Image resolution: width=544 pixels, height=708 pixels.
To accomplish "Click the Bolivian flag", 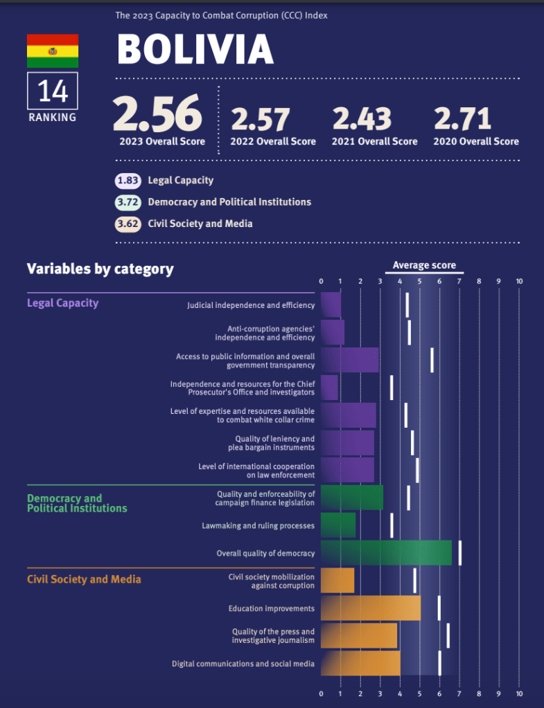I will (x=53, y=51).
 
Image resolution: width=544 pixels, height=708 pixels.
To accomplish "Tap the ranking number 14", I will (x=53, y=91).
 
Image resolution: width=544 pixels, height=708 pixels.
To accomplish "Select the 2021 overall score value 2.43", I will (x=361, y=119).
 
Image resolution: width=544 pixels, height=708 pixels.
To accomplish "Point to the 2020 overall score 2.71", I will (x=462, y=119).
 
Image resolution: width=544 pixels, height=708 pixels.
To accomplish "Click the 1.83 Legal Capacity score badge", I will (x=128, y=181).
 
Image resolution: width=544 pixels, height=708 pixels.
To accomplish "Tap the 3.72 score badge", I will (x=128, y=202).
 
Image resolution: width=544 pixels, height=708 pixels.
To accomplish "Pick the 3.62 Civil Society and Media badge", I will (x=128, y=224).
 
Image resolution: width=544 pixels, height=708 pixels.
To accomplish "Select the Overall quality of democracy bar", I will (x=386, y=553).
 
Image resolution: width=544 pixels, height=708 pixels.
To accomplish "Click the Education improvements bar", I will (x=371, y=608).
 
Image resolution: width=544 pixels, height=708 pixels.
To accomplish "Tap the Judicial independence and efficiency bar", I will (x=331, y=305).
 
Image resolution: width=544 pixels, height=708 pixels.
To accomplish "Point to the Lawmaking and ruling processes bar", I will (x=338, y=525).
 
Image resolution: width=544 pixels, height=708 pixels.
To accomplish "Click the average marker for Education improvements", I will (x=439, y=608).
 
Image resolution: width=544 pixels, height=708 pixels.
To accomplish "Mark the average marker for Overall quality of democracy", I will (x=459, y=553).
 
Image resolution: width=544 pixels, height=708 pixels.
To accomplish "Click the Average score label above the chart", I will (x=424, y=266).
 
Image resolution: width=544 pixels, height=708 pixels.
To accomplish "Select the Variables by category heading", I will (x=100, y=269).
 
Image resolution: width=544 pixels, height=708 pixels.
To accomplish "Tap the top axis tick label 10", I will (x=519, y=282).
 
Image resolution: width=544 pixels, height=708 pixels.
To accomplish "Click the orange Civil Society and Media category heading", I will (x=84, y=579).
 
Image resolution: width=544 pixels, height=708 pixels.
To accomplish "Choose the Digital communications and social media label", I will (x=243, y=664).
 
